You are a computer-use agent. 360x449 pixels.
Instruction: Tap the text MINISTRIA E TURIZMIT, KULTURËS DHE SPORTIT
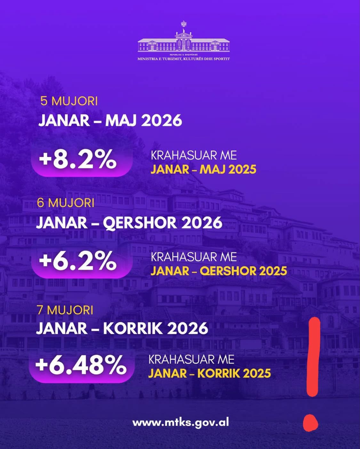(x=184, y=59)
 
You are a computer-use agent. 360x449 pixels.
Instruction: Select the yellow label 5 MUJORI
(x=69, y=101)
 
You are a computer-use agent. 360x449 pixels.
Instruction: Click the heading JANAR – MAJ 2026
(x=110, y=120)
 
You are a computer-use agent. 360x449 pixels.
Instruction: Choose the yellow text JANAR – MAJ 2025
(x=204, y=169)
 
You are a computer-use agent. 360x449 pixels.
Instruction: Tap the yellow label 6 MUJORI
(x=66, y=202)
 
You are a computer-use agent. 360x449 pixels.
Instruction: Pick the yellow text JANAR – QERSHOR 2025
(x=219, y=271)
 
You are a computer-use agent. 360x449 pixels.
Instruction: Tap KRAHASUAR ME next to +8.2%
(x=194, y=156)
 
